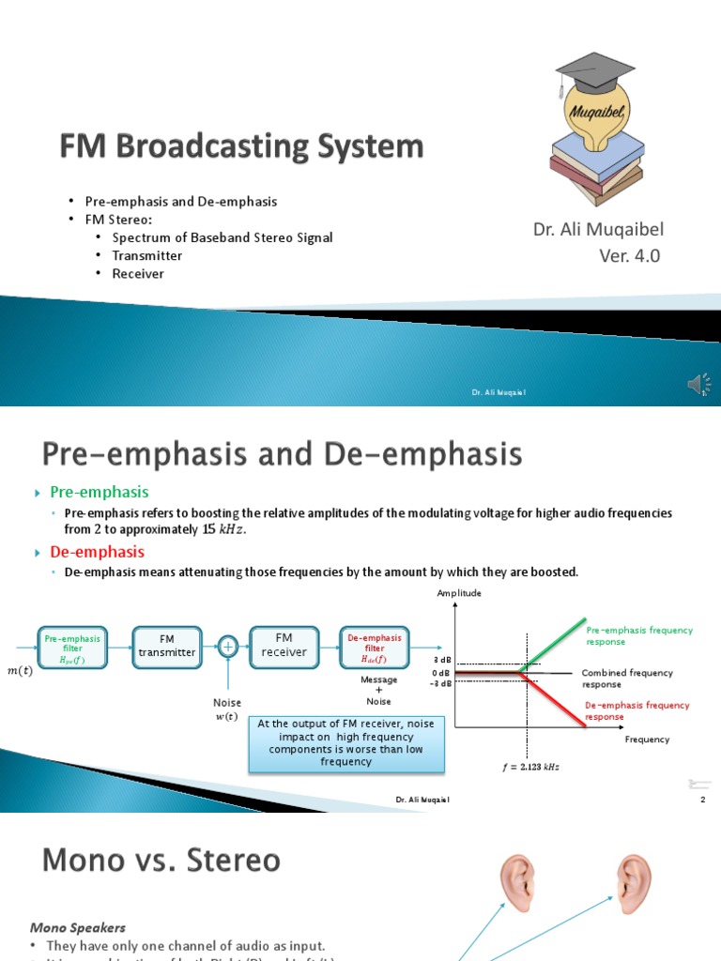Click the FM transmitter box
pos(167,646)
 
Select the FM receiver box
pos(284,646)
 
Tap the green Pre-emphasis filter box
pos(72,646)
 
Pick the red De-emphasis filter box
pos(375,646)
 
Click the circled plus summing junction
pos(226,646)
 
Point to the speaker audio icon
pos(699,384)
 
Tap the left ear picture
pos(515,884)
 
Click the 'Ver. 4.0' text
pos(630,256)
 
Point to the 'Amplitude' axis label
pos(459,593)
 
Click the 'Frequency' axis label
pos(648,740)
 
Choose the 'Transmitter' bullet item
pos(147,255)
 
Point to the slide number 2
pos(702,800)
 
